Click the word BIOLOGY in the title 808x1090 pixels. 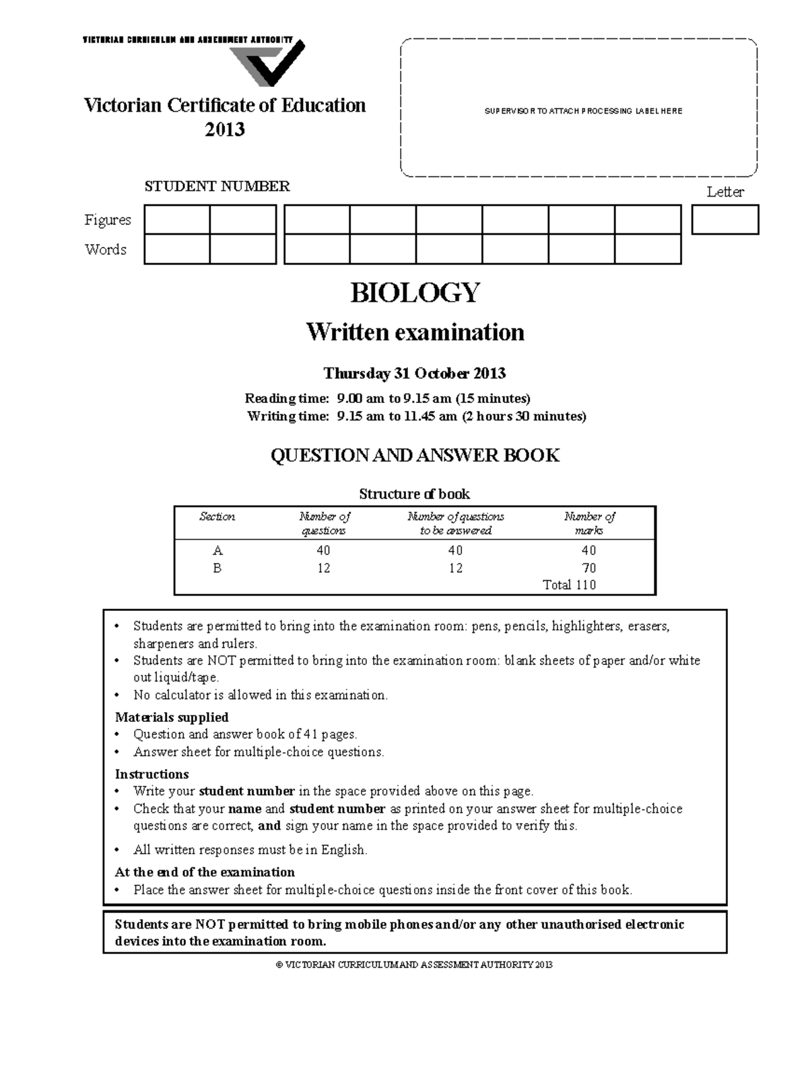(x=415, y=293)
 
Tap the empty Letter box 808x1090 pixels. (x=725, y=219)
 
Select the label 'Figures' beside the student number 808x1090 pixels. (x=108, y=220)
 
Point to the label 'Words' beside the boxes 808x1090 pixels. (x=106, y=250)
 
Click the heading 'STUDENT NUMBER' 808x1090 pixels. (x=217, y=186)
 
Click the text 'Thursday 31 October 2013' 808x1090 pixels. (x=414, y=373)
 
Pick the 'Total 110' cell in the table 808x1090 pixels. (x=569, y=585)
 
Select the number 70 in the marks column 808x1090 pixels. (x=588, y=568)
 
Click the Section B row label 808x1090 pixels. (x=217, y=568)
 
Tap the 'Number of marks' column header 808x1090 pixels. (x=589, y=523)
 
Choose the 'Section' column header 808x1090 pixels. (x=217, y=517)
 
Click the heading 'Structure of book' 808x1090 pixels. (x=414, y=494)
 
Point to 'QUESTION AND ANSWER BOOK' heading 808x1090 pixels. (x=415, y=456)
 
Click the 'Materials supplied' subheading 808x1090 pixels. (x=172, y=717)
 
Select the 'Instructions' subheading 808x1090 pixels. (x=151, y=774)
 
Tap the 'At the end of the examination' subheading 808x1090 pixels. (x=205, y=872)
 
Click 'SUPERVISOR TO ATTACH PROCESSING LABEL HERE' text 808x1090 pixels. (x=583, y=111)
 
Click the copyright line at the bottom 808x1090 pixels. (x=414, y=965)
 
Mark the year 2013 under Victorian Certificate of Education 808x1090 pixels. (x=224, y=129)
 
